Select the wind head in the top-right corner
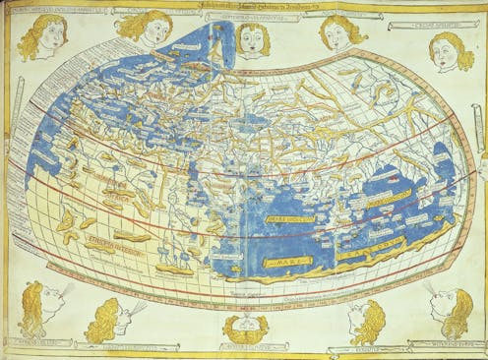tap(451, 50)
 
